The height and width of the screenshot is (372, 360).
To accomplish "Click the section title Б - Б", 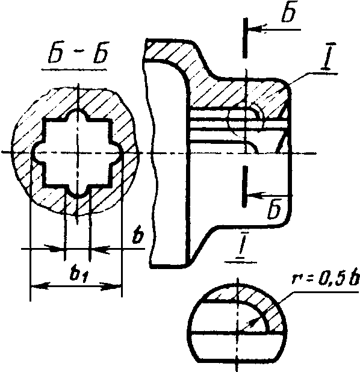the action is point(78,52).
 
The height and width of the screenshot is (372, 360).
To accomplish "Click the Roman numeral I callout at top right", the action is point(328,56).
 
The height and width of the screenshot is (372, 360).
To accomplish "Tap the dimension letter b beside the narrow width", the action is point(138,235).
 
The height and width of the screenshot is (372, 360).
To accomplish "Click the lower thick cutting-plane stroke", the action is point(245,187).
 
